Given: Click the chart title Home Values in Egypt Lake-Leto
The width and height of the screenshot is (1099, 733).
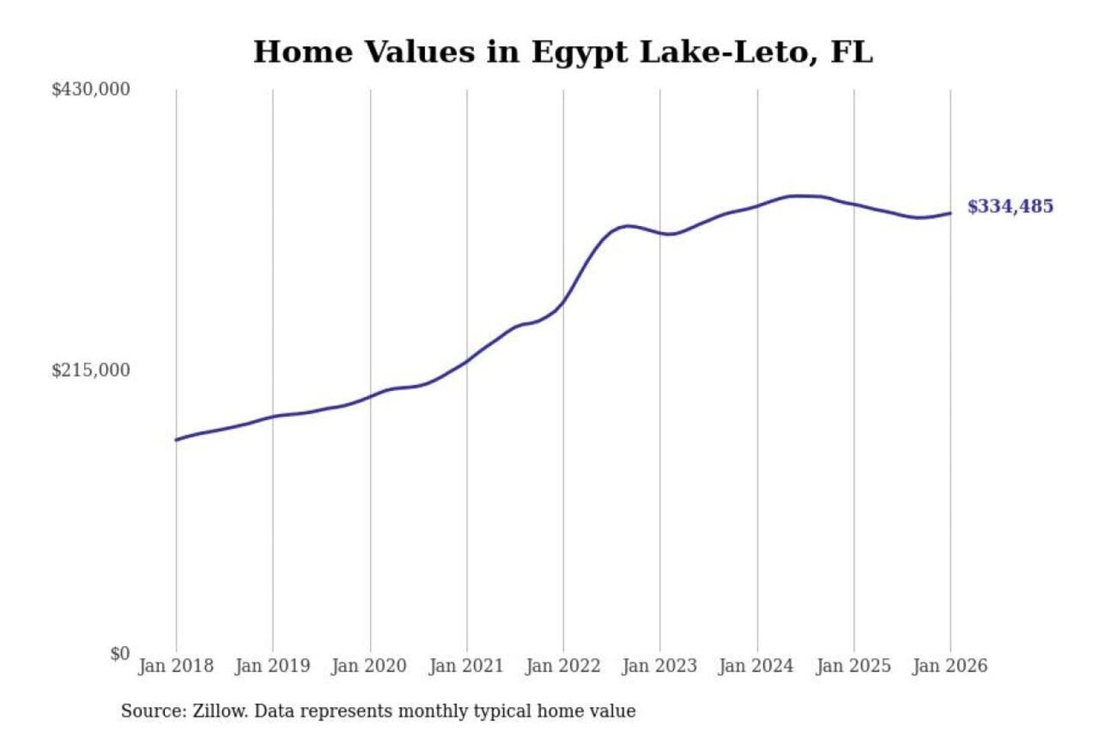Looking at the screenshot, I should tap(562, 52).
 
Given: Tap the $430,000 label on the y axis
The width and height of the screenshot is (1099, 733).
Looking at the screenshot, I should tap(91, 89).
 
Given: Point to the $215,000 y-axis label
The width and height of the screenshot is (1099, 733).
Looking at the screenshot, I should tap(91, 370).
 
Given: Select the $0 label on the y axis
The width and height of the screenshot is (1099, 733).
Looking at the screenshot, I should tap(120, 654).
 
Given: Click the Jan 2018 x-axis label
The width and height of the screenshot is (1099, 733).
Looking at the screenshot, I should tap(176, 666).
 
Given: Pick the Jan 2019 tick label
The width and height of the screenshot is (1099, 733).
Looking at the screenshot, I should tap(272, 666).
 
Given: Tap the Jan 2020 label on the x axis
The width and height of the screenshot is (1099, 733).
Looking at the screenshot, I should tap(369, 666).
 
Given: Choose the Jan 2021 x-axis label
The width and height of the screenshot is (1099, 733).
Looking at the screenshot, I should tap(466, 666).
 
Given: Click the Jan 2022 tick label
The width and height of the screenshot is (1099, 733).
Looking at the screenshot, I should tap(563, 666).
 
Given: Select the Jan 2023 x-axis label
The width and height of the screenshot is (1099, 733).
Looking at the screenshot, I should tap(659, 666).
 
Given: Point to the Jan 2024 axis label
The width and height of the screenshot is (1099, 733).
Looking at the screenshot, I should tap(756, 666).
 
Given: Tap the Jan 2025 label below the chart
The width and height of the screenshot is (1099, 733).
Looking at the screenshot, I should tap(853, 666).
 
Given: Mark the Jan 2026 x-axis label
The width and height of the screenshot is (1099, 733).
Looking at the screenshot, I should tap(950, 666).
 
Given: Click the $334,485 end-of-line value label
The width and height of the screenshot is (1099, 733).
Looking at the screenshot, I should tap(1010, 206).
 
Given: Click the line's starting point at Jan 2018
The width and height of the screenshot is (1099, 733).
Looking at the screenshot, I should tap(176, 440).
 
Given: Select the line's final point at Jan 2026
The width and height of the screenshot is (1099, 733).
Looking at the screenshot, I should tap(950, 213).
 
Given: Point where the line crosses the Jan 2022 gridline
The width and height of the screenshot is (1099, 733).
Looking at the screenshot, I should tap(564, 301).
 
